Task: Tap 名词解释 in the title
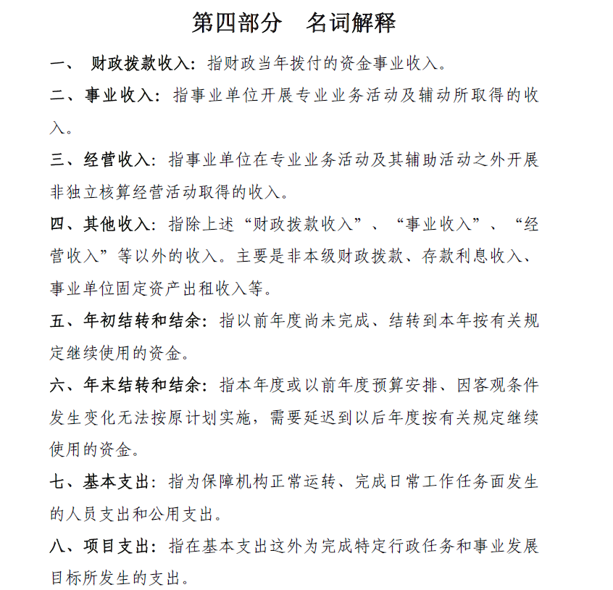pos(351,22)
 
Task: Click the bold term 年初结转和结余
pos(142,320)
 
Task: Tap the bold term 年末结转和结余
pos(142,384)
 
